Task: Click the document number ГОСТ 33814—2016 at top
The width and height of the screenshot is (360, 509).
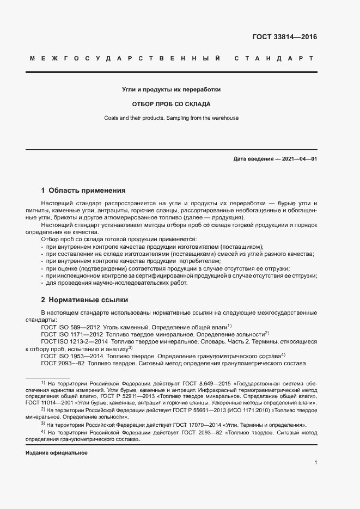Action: click(x=284, y=38)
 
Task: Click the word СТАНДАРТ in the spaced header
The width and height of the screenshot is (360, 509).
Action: click(x=273, y=58)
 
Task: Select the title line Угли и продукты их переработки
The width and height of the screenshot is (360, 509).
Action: click(x=171, y=89)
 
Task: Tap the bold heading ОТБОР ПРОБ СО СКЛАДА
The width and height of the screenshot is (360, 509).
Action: click(x=171, y=103)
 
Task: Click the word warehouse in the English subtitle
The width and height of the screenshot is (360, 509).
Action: click(x=224, y=118)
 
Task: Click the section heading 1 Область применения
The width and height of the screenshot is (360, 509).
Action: click(x=83, y=191)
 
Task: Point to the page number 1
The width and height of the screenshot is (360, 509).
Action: click(x=316, y=463)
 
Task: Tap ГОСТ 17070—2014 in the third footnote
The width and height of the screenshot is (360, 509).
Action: click(x=185, y=424)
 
